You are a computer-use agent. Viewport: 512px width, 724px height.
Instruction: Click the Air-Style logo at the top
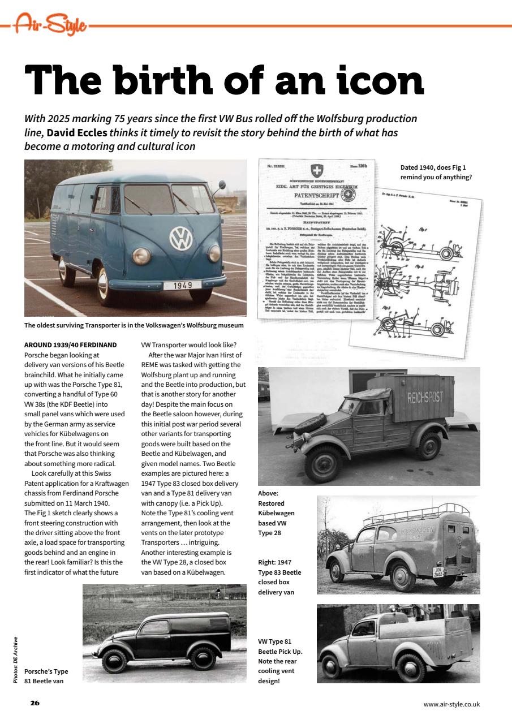[50, 24]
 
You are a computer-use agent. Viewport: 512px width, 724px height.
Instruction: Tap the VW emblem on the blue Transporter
[181, 239]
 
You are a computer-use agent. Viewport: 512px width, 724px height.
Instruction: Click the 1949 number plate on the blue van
[183, 285]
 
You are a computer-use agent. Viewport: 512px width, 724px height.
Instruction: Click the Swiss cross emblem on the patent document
[315, 170]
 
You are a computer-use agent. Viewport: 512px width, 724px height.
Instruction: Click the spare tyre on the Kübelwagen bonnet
[311, 424]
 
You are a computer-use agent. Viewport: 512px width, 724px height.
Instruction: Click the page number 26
[35, 703]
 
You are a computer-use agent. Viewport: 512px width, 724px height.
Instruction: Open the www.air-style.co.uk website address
[451, 704]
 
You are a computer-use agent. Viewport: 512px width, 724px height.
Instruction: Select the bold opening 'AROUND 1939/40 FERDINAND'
[71, 344]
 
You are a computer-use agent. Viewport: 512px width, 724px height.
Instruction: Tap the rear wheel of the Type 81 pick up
[411, 670]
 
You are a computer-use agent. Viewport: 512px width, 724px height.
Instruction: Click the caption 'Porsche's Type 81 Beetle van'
[46, 676]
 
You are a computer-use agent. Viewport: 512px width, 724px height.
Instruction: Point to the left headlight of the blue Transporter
[141, 256]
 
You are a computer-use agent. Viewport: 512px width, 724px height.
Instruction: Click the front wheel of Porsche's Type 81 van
[114, 660]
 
